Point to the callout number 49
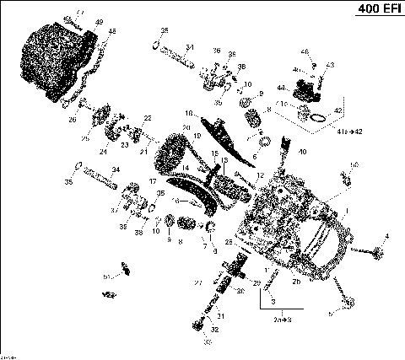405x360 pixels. pos(100,22)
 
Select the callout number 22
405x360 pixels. pos(148,118)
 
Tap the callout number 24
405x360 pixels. pos(103,152)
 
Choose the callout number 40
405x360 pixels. pos(301,152)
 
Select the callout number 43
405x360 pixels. pos(331,65)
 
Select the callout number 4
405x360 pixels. pos(387,235)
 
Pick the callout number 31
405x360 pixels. pos(222,316)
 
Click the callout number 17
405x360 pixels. pos(153,181)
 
